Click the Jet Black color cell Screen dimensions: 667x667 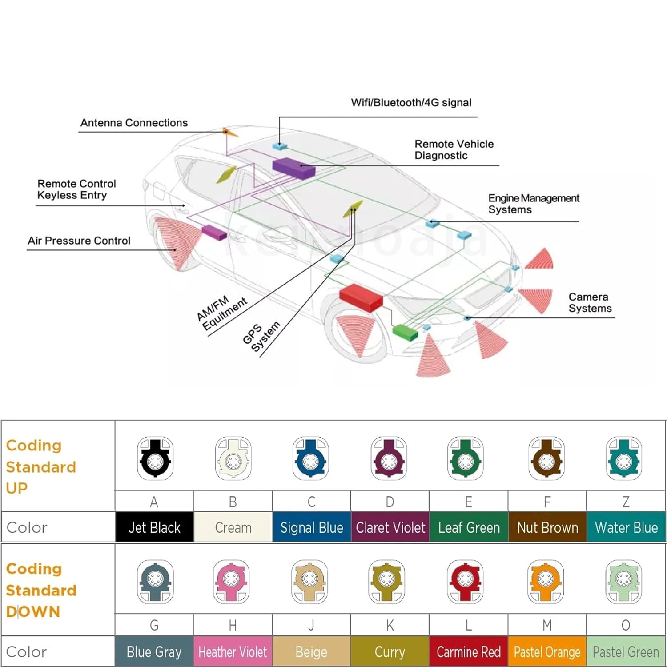pyautogui.click(x=154, y=527)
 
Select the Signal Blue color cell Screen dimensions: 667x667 pyautogui.click(x=312, y=527)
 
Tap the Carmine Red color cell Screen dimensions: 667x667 pyautogui.click(x=468, y=652)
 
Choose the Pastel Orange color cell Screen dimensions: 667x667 pyautogui.click(x=547, y=652)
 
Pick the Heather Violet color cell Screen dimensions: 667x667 pyautogui.click(x=233, y=652)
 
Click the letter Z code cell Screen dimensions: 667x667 pyautogui.click(x=626, y=502)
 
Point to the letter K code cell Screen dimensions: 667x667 pyautogui.click(x=390, y=625)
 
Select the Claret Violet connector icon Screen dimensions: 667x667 pyautogui.click(x=389, y=458)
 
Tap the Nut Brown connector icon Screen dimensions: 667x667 pyautogui.click(x=546, y=458)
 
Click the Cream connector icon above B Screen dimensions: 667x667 pyautogui.click(x=233, y=458)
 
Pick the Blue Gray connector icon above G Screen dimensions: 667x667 pyautogui.click(x=155, y=582)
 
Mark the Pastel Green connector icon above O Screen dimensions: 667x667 pyautogui.click(x=624, y=582)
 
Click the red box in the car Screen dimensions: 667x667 pyautogui.click(x=361, y=297)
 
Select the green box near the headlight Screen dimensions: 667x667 pyautogui.click(x=405, y=332)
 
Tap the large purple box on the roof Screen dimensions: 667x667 pyautogui.click(x=293, y=168)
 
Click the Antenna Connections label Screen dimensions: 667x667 pyautogui.click(x=134, y=123)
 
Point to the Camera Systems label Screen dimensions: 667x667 pyautogui.click(x=590, y=302)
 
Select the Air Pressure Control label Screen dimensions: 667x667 pyautogui.click(x=79, y=241)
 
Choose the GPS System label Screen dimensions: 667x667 pyautogui.click(x=261, y=336)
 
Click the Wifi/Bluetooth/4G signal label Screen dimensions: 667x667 pyautogui.click(x=411, y=103)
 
